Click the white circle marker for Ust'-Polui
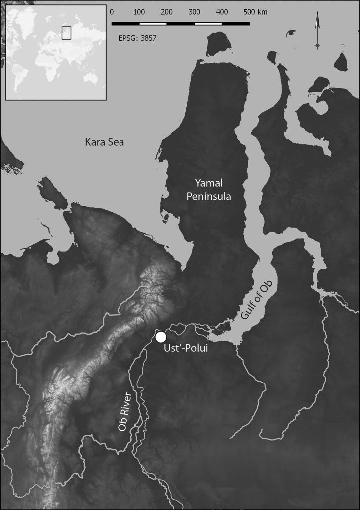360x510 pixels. click(x=160, y=337)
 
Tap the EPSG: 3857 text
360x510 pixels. click(x=138, y=38)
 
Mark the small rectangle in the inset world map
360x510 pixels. click(x=66, y=32)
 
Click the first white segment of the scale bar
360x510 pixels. click(x=153, y=23)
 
